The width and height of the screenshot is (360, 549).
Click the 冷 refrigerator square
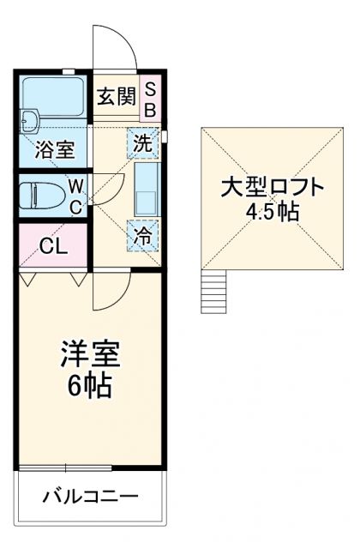[143, 235]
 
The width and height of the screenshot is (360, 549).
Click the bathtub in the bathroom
[52, 100]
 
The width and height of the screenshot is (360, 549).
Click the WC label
[75, 195]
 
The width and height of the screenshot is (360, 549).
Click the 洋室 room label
[89, 353]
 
